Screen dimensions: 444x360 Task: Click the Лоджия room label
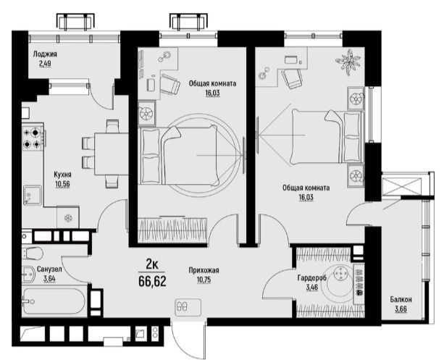click(45, 54)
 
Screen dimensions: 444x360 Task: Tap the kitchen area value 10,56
click(62, 185)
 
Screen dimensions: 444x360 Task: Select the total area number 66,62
click(152, 281)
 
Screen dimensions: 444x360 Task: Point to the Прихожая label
click(204, 270)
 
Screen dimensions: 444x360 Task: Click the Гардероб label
click(312, 278)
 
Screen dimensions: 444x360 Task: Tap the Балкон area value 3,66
click(401, 309)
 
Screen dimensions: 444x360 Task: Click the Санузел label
click(49, 269)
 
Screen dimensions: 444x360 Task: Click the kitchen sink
click(33, 195)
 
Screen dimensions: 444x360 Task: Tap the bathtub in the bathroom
click(54, 301)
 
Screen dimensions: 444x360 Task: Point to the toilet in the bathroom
click(33, 253)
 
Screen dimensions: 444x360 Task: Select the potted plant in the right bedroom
click(348, 62)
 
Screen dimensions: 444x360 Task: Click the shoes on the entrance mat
click(181, 306)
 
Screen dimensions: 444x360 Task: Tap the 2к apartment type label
click(152, 264)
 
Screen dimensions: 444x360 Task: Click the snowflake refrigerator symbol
click(68, 218)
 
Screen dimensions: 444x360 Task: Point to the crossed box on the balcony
click(401, 186)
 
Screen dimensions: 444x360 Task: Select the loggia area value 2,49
click(45, 64)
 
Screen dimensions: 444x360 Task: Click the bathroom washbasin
click(28, 275)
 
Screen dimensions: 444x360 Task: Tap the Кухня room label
click(62, 175)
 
